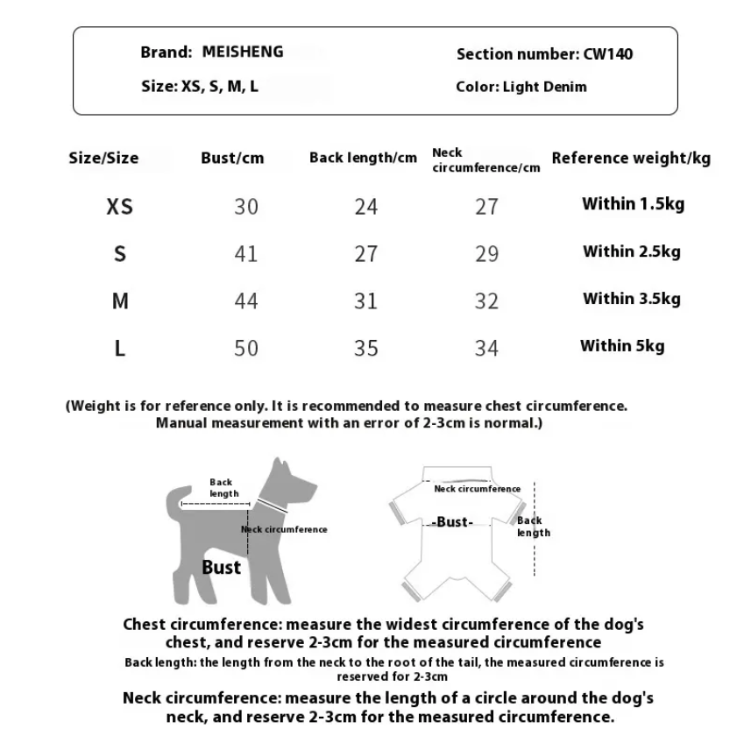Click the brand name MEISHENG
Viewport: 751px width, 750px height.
(x=243, y=52)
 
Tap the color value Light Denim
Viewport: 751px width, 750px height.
(x=545, y=87)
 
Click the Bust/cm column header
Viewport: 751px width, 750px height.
(x=232, y=159)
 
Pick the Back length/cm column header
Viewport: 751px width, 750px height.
(x=363, y=159)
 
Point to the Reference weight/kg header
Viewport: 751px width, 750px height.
(x=631, y=159)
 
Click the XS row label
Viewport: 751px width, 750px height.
(x=120, y=207)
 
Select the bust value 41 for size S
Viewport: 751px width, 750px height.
(x=246, y=254)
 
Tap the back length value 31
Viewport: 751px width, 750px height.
(x=365, y=301)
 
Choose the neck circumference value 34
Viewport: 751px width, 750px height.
(x=486, y=349)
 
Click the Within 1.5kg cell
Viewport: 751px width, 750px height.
(x=633, y=204)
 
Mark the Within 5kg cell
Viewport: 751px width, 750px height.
(x=622, y=346)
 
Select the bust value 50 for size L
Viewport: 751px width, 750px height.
(x=246, y=349)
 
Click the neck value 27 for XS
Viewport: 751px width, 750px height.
(x=486, y=207)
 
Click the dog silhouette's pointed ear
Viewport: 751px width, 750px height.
(x=280, y=466)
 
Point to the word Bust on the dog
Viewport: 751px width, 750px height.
(x=221, y=567)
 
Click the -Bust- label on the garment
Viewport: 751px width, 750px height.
(x=453, y=522)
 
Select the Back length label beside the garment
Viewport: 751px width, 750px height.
(x=533, y=527)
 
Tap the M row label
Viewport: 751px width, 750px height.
(x=120, y=301)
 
